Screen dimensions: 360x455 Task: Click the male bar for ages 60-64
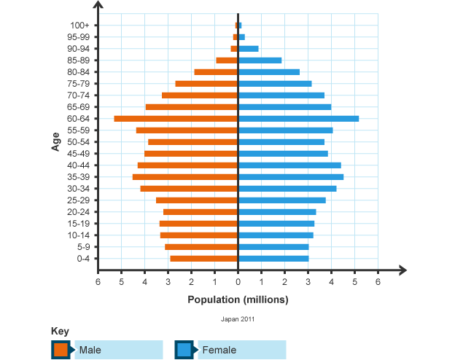click(x=176, y=119)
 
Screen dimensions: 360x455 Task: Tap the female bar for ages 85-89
click(x=260, y=60)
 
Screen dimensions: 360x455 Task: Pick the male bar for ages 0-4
click(x=203, y=259)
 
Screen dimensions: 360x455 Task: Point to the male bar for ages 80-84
click(x=216, y=72)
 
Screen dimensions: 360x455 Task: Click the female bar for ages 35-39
click(x=290, y=177)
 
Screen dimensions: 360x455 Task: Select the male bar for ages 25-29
click(x=196, y=200)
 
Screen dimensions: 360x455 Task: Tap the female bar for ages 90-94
click(x=248, y=49)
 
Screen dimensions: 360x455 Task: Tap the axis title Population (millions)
click(x=238, y=300)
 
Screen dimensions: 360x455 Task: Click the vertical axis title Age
click(x=56, y=141)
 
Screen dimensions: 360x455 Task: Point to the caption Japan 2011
click(x=238, y=319)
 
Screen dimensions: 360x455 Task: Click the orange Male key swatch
click(x=61, y=350)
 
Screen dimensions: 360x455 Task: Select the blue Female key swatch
click(x=184, y=350)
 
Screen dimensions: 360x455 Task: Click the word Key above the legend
click(x=61, y=332)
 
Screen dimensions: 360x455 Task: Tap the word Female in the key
click(x=219, y=351)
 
